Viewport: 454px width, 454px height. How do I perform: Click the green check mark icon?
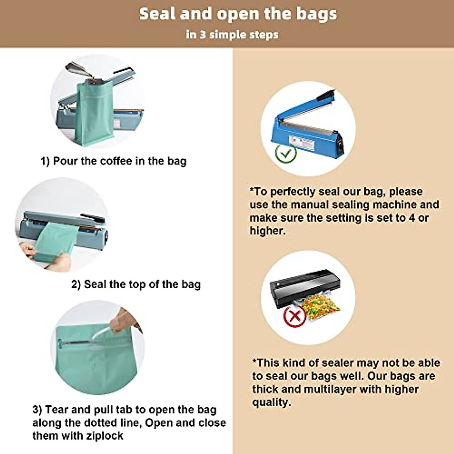click(x=286, y=153)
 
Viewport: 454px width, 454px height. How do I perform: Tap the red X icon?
click(x=294, y=316)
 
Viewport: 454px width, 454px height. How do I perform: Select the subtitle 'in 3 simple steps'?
click(x=232, y=35)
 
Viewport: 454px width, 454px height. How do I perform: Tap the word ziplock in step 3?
click(x=104, y=436)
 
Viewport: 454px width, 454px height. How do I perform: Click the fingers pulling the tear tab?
click(x=123, y=320)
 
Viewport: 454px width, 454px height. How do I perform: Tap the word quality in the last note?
click(x=271, y=402)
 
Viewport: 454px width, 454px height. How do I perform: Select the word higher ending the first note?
click(x=267, y=231)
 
